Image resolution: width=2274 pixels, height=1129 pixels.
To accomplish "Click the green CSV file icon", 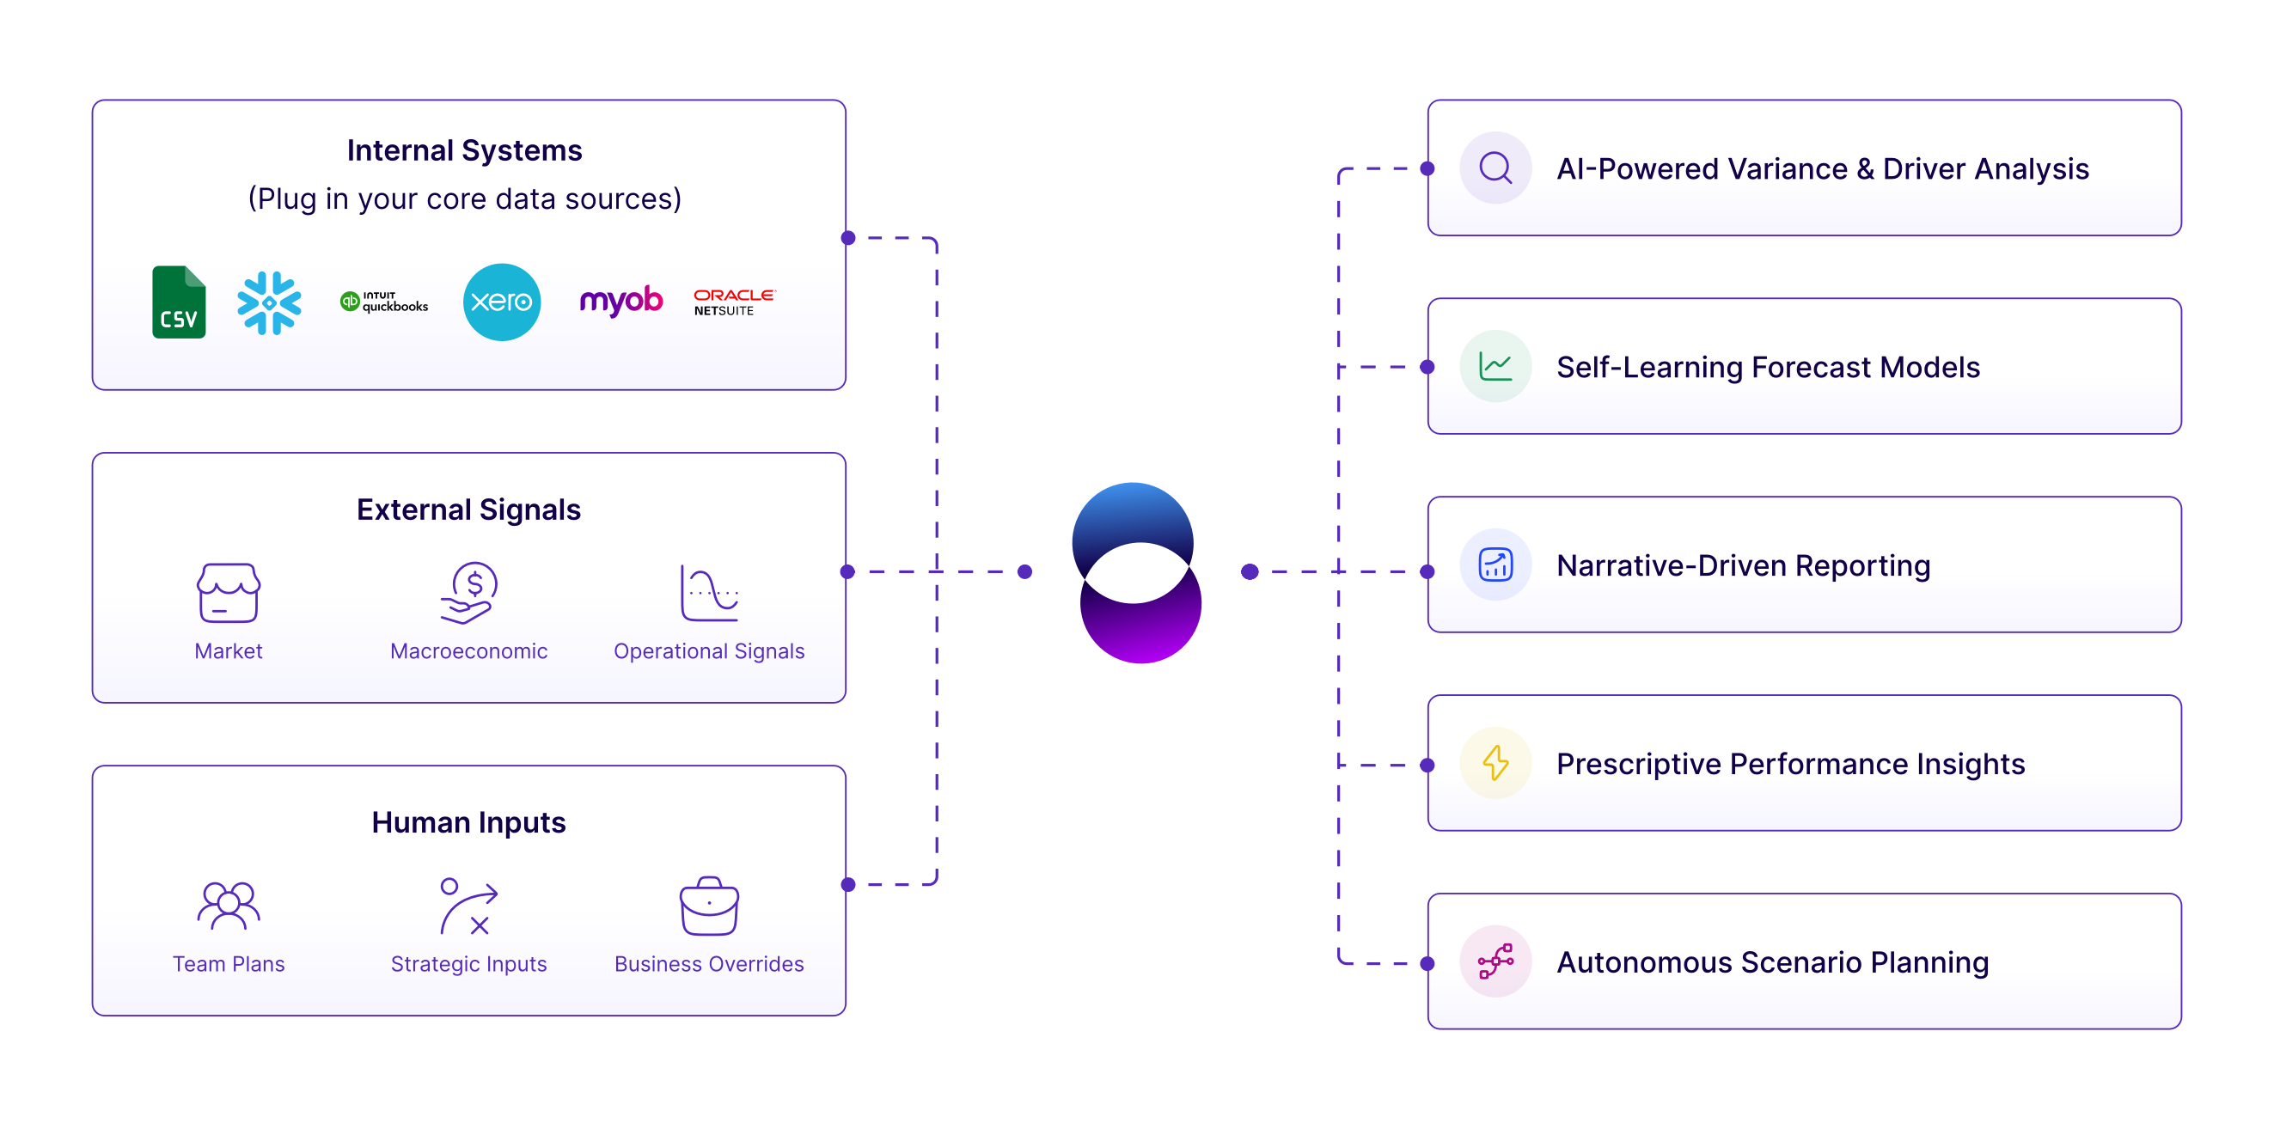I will (x=180, y=302).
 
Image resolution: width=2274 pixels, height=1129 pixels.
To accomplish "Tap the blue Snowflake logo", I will (x=269, y=302).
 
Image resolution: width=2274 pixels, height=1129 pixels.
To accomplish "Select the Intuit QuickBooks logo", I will (x=384, y=302).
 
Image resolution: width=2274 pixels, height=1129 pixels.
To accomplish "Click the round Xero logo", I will (x=501, y=302).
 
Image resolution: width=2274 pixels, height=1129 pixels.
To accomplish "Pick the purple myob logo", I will (x=620, y=301).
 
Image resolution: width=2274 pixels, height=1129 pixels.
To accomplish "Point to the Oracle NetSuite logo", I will (x=734, y=302).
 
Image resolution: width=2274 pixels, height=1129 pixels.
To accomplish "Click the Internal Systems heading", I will (x=464, y=151).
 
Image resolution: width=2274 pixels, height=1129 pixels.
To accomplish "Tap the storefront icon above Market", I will (x=229, y=592).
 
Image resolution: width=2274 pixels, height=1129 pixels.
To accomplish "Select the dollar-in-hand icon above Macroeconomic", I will (x=469, y=592).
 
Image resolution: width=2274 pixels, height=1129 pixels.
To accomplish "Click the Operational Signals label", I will (x=709, y=651).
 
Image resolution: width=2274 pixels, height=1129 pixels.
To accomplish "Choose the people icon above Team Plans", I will (x=229, y=906).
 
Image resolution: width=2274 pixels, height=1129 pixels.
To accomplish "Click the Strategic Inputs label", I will (x=468, y=964).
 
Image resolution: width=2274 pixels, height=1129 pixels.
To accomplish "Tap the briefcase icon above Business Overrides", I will (x=709, y=906).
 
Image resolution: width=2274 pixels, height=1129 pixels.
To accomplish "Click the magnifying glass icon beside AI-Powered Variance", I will (x=1495, y=168).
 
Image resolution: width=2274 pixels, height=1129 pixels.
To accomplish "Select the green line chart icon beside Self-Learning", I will (x=1495, y=366).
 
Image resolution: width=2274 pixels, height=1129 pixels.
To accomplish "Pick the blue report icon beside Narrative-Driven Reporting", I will (x=1495, y=565).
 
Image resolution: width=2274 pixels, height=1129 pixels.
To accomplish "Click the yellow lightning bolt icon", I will (x=1495, y=764).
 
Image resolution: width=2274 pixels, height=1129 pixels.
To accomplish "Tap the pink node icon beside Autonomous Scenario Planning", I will (x=1495, y=961).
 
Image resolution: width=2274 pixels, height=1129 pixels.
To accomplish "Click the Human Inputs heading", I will (x=468, y=823).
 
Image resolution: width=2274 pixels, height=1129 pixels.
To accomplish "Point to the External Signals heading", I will (x=468, y=510).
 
